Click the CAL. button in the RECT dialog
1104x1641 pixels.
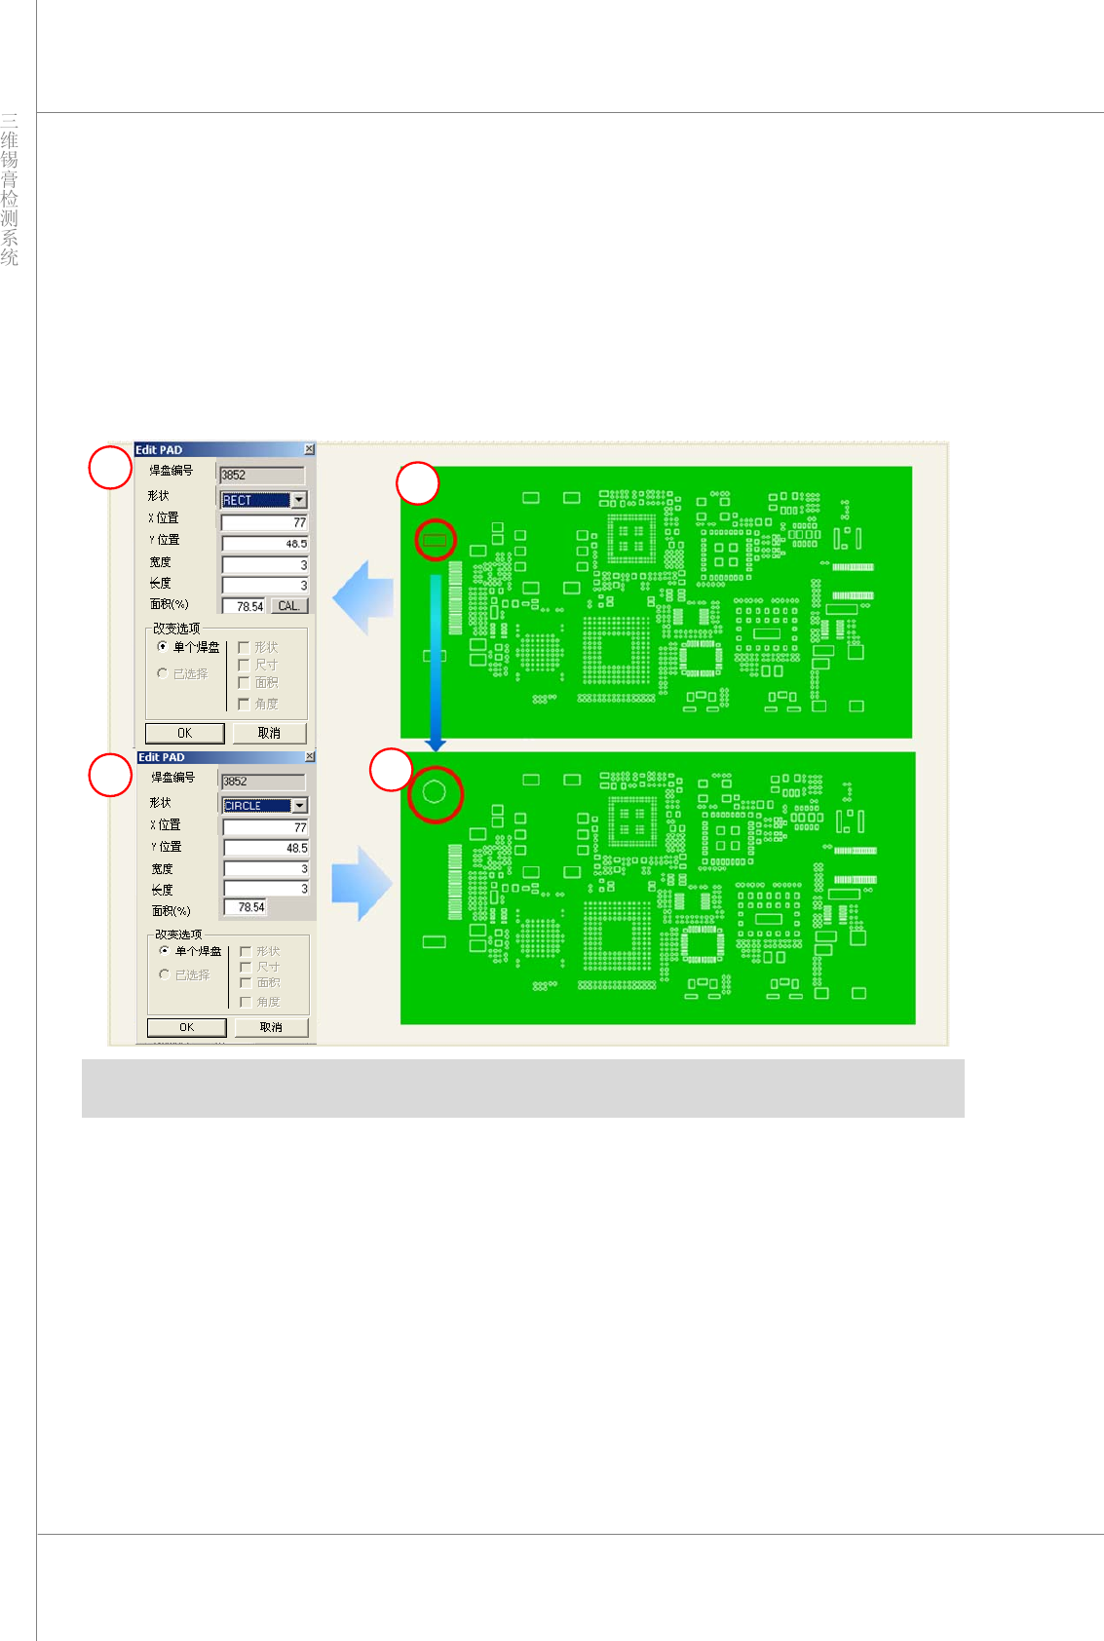point(288,606)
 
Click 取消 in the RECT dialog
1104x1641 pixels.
point(269,733)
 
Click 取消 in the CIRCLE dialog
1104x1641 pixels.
point(271,1027)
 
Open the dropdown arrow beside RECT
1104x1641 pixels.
point(299,500)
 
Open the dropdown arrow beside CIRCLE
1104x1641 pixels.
point(300,806)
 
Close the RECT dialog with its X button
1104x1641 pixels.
point(309,449)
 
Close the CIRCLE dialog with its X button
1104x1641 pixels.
point(310,756)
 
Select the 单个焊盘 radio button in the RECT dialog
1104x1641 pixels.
point(163,646)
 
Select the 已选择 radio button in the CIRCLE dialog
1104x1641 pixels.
point(164,974)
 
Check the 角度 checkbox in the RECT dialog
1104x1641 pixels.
point(244,704)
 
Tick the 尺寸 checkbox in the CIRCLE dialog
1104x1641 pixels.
point(246,967)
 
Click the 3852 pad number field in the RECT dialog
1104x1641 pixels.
point(261,476)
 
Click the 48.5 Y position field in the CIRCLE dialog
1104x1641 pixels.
point(265,848)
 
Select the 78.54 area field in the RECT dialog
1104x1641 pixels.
point(245,606)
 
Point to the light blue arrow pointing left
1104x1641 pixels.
point(363,596)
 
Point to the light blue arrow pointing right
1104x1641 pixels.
point(362,883)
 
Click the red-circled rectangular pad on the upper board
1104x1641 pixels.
point(435,539)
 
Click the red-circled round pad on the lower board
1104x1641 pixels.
point(435,792)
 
